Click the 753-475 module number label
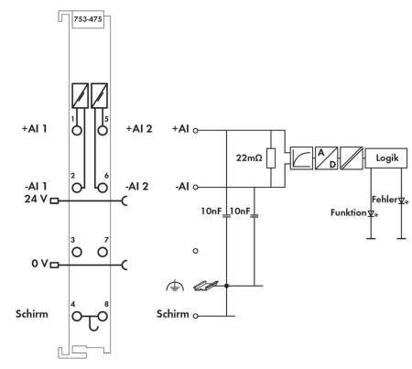88,19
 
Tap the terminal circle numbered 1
77,130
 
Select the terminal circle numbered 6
103,188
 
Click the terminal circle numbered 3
77,252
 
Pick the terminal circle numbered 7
103,252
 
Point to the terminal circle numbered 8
103,317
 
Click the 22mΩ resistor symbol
271,158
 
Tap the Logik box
386,158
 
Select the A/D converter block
326,158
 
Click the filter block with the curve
301,158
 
